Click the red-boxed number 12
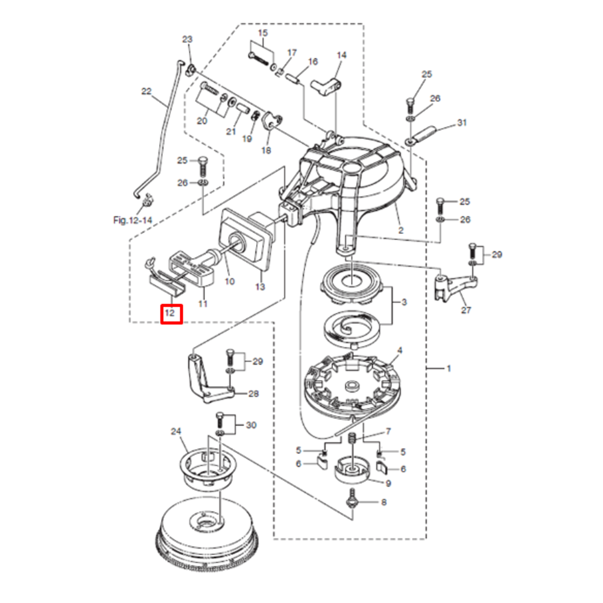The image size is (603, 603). coord(171,314)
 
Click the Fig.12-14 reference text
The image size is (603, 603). coord(132,221)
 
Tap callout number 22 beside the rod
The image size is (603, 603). coord(147,92)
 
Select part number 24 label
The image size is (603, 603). coord(176,431)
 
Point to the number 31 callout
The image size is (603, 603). coord(462,123)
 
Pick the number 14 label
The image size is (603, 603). coord(341,55)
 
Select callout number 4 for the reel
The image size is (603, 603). coord(399,350)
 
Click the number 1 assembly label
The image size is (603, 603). coord(447,368)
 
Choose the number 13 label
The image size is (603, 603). coord(260,288)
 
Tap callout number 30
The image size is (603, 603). coord(251,425)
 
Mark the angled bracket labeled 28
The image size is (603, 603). coord(201,380)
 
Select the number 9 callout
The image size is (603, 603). coord(388,483)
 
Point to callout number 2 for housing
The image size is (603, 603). coord(400,230)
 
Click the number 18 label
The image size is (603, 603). coord(266,150)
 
